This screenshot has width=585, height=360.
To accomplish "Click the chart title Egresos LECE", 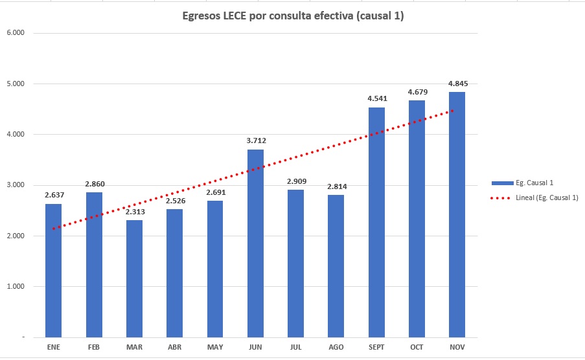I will [293, 16].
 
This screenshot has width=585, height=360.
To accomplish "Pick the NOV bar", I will [457, 214].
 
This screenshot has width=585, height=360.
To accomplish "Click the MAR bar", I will [134, 278].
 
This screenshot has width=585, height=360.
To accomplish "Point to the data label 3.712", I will [256, 141].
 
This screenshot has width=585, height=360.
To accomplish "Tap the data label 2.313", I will [134, 211].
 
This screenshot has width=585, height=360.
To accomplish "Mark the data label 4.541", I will [377, 98].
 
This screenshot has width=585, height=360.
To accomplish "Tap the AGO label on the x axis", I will [336, 348].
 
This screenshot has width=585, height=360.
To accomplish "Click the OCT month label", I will [417, 348].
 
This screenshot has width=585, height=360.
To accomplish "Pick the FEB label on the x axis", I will [94, 348].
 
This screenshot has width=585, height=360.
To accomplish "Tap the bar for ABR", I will [174, 273].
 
